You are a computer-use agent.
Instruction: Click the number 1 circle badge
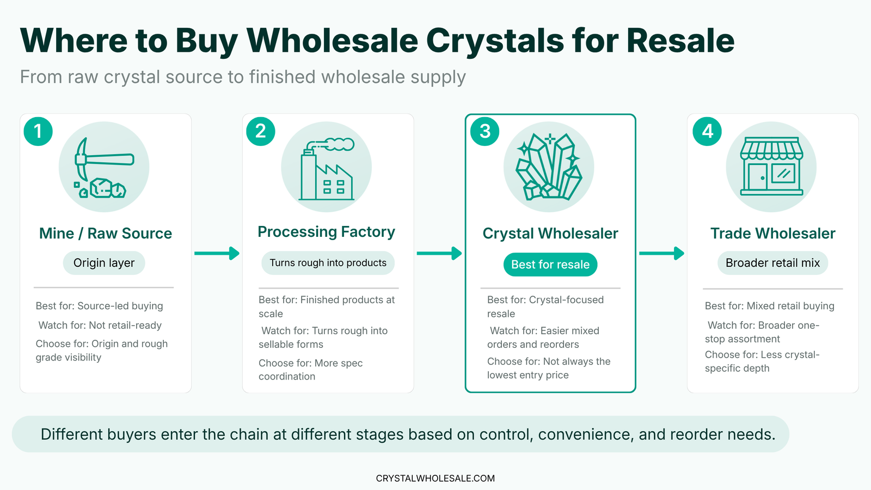(x=38, y=131)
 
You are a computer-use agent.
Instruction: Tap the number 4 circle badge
(x=707, y=131)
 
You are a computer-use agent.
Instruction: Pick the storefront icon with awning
(x=771, y=167)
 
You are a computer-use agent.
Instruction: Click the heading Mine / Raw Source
(x=106, y=234)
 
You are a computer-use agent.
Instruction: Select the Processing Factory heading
(x=327, y=232)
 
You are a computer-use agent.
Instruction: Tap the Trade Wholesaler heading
(x=772, y=234)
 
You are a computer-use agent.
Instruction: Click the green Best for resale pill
(x=550, y=265)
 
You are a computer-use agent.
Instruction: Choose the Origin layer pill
(x=104, y=263)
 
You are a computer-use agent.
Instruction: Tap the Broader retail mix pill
(x=772, y=263)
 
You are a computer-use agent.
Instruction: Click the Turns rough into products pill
(x=328, y=263)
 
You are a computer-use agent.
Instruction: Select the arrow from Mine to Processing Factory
(x=217, y=253)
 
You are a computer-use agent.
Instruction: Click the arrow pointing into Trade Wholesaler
(x=661, y=253)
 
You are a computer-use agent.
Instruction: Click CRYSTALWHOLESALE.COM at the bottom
(x=436, y=479)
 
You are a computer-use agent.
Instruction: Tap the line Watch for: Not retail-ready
(x=100, y=326)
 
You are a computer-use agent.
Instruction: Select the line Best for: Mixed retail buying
(x=769, y=306)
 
